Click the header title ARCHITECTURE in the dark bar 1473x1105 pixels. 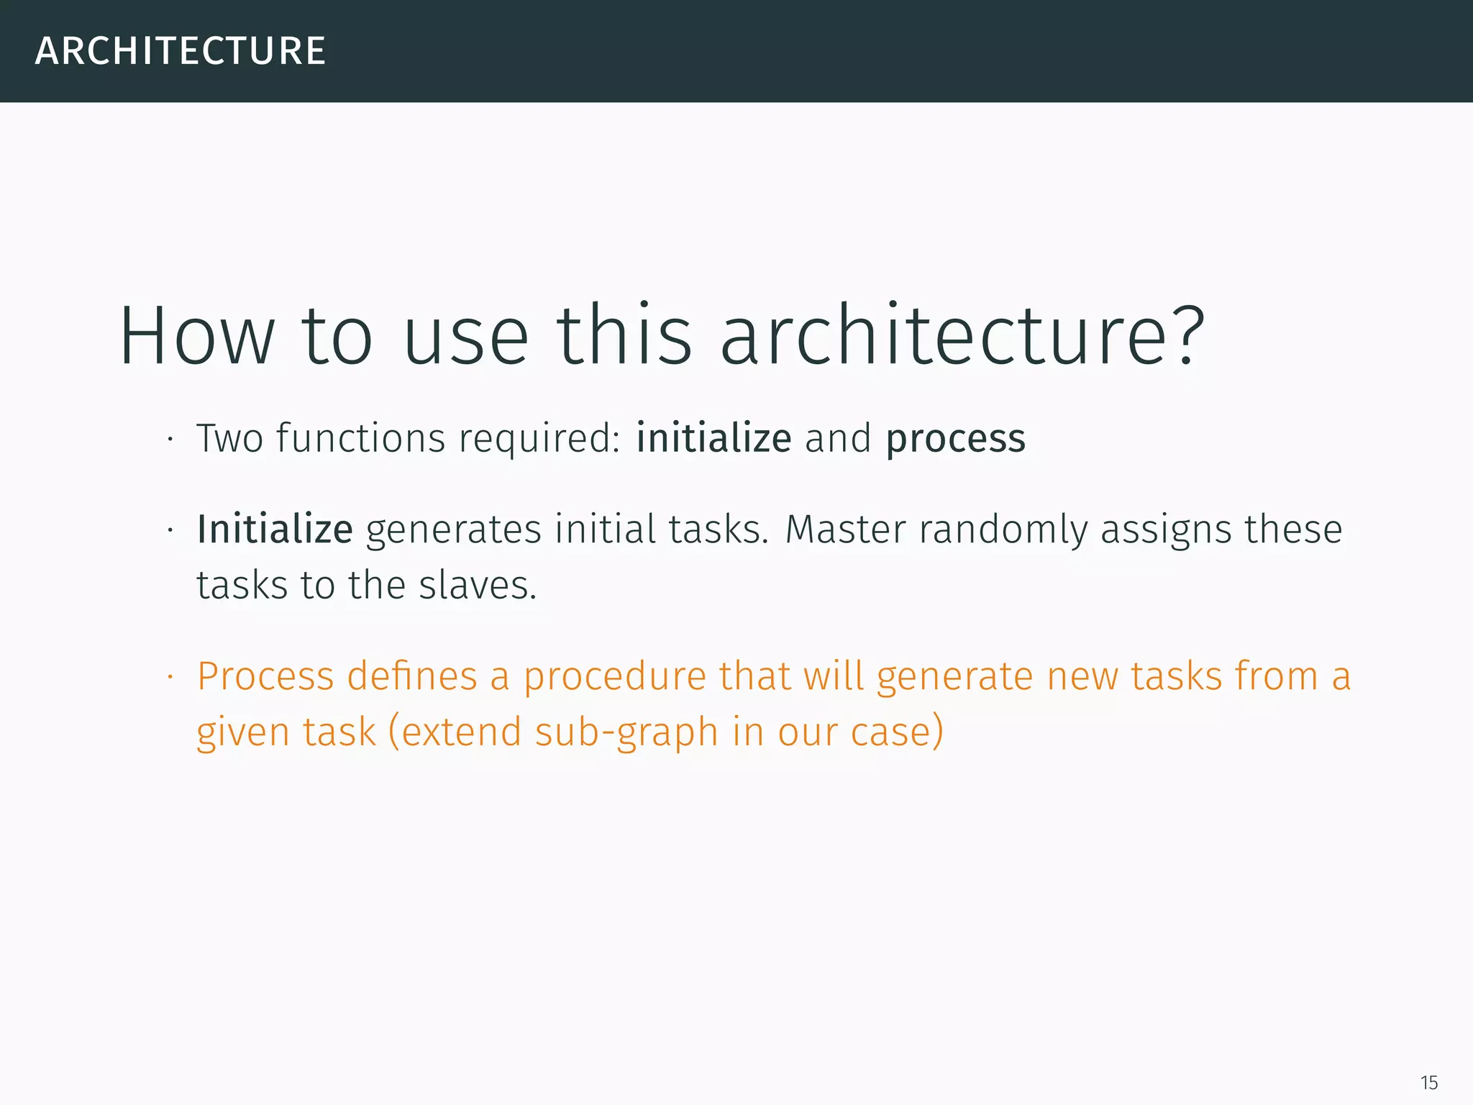181,51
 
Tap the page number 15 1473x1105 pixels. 1428,1083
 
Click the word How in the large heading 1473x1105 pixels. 196,336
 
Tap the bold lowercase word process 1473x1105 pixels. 955,440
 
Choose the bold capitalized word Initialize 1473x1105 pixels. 275,530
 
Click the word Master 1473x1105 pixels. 845,530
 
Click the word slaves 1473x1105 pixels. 478,585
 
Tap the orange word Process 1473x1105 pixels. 265,677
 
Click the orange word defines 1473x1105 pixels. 412,677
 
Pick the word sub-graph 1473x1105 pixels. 626,733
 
